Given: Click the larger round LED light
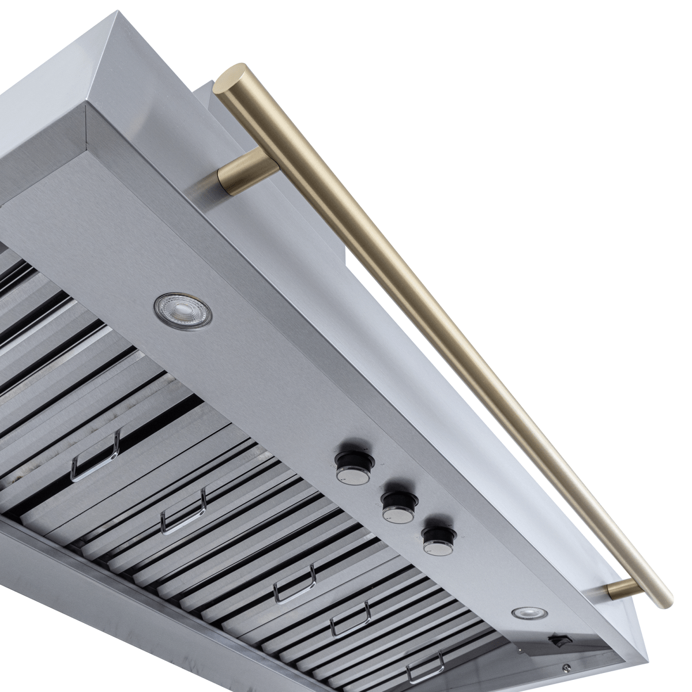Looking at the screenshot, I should [182, 308].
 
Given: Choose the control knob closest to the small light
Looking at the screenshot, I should [439, 540].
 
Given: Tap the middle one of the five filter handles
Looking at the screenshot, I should [295, 584].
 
